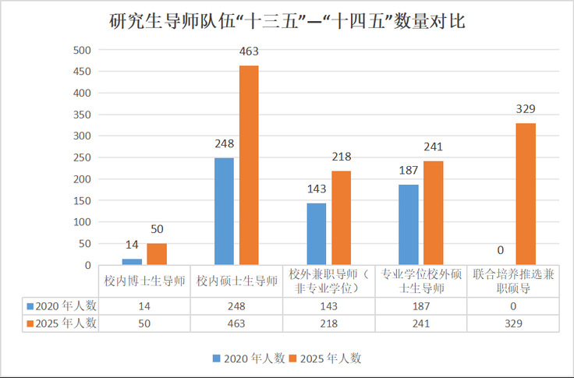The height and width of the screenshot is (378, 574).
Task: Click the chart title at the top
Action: click(287, 21)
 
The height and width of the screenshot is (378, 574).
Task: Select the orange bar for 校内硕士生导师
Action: click(249, 165)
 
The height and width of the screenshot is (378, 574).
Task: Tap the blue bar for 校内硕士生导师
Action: click(224, 211)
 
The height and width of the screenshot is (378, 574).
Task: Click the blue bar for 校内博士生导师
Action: click(132, 262)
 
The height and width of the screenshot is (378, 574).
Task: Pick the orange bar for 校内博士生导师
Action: click(157, 254)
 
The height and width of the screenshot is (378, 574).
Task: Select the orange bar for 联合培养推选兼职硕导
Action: click(526, 194)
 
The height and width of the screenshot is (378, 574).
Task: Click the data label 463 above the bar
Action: click(249, 52)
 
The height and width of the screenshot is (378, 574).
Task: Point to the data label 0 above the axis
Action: click(501, 250)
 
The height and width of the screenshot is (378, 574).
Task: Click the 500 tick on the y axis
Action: click(82, 50)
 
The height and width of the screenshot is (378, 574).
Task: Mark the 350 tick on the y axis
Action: click(82, 115)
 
